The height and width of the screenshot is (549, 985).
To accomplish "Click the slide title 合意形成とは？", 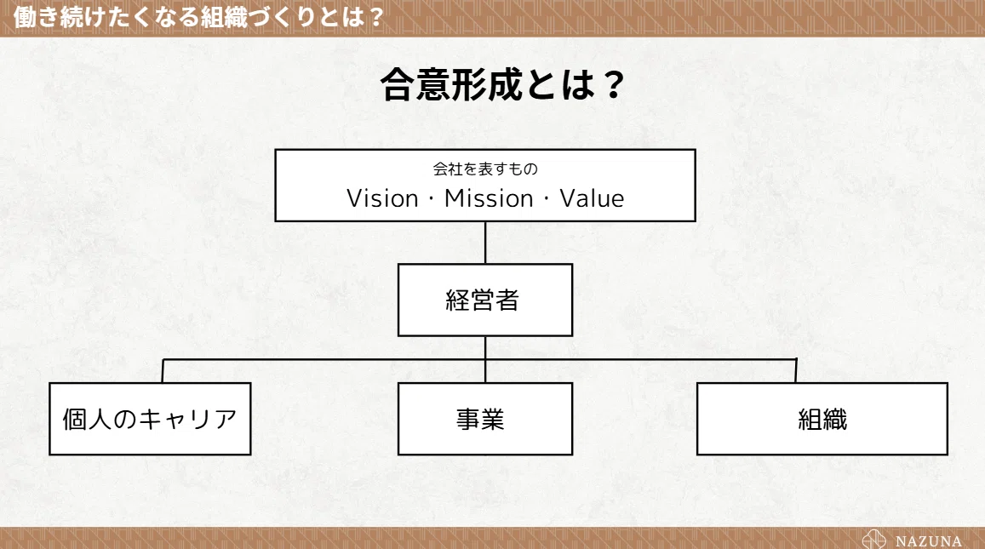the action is (502, 84).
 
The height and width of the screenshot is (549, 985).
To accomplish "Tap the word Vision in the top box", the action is (382, 198).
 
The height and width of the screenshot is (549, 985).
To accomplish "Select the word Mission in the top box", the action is (489, 198).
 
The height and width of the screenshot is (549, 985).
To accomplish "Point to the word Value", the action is (592, 198).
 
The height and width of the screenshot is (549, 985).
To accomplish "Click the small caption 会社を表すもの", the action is (485, 169).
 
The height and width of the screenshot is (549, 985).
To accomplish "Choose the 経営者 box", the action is (485, 300).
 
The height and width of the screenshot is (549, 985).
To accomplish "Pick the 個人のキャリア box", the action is (150, 418).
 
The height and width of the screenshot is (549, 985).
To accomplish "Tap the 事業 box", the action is (485, 418).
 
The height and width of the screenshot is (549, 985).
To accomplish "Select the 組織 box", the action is (822, 418).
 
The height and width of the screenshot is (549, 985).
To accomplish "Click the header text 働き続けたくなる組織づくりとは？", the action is (198, 17).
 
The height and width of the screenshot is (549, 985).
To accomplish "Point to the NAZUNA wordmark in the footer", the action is (929, 540).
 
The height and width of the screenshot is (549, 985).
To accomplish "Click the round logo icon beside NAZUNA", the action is (873, 540).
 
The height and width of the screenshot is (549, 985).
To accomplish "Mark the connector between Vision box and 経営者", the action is (485, 243).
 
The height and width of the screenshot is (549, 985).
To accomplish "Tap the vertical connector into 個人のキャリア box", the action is (163, 370).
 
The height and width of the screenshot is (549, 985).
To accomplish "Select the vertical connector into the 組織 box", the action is (796, 370).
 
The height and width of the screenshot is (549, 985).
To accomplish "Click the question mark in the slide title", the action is (611, 85).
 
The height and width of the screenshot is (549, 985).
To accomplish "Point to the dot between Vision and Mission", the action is (431, 199).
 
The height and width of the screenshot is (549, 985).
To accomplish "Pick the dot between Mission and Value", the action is (546, 199).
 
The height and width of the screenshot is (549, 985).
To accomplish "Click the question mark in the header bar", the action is (375, 17).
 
